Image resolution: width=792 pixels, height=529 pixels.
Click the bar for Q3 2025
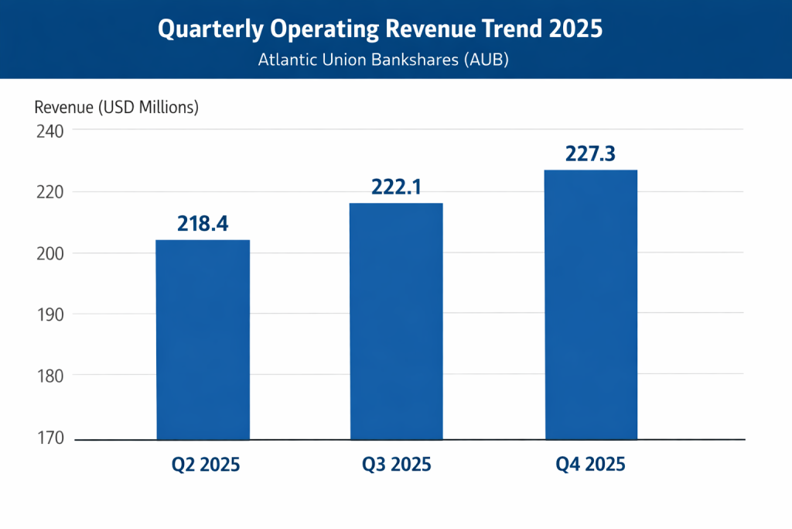[396, 321]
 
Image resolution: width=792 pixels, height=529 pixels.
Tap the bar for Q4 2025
[591, 304]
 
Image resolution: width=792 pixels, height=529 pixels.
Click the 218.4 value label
[203, 224]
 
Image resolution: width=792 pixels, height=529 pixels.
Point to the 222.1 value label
[396, 187]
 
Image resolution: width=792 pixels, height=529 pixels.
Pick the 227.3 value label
[590, 154]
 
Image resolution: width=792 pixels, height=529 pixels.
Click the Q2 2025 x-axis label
[206, 465]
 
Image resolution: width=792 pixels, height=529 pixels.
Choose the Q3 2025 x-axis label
[397, 465]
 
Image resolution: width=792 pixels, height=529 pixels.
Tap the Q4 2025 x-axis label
[590, 465]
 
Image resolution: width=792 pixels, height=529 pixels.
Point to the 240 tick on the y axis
[49, 130]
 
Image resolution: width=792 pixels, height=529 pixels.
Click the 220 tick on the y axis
[49, 192]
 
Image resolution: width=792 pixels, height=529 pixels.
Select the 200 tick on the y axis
[49, 253]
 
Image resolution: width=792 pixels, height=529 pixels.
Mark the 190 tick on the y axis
[49, 314]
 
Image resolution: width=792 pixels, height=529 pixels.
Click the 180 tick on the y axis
[49, 376]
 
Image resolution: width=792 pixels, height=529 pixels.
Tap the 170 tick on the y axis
[49, 438]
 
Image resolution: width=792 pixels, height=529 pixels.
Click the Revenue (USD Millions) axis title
[117, 108]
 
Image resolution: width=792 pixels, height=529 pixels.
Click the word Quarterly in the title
[203, 29]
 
